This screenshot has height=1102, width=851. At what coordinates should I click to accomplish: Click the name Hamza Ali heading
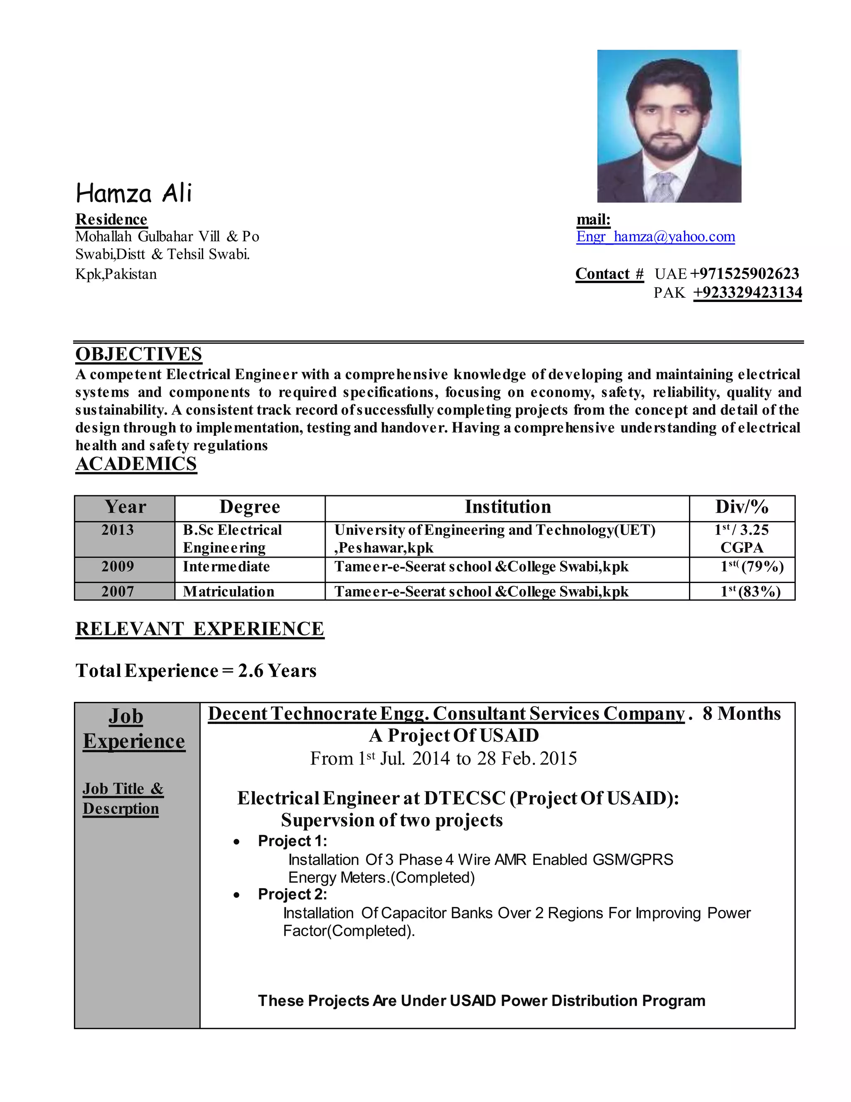pyautogui.click(x=134, y=193)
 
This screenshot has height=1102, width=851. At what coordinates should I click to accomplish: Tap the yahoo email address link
pyautogui.click(x=655, y=237)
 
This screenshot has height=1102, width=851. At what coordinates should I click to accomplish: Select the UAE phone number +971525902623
pyautogui.click(x=744, y=274)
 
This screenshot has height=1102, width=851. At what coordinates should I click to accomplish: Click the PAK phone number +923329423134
pyautogui.click(x=747, y=293)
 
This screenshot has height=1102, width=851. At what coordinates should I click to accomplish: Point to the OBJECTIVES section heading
pyautogui.click(x=139, y=354)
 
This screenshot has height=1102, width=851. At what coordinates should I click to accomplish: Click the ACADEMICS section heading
pyautogui.click(x=136, y=464)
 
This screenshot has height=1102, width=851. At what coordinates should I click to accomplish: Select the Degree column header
pyautogui.click(x=250, y=507)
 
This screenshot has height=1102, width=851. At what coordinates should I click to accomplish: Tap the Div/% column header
pyautogui.click(x=742, y=507)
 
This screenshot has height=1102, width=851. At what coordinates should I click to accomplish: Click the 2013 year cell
pyautogui.click(x=118, y=530)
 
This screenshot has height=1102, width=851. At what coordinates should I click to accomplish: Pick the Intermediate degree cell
pyautogui.click(x=226, y=567)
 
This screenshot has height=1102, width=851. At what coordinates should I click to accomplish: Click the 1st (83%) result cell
pyautogui.click(x=750, y=591)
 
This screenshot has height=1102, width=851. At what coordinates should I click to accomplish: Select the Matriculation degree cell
pyautogui.click(x=229, y=591)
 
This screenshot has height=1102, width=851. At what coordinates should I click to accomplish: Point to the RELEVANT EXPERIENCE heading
pyautogui.click(x=199, y=629)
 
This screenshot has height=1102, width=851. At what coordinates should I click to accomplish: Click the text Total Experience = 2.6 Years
pyautogui.click(x=196, y=671)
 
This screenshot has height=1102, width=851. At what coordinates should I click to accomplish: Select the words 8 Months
pyautogui.click(x=741, y=714)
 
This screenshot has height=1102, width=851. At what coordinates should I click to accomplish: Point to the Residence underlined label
pyautogui.click(x=111, y=220)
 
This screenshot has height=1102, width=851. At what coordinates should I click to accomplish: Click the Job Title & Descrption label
pyautogui.click(x=123, y=798)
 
